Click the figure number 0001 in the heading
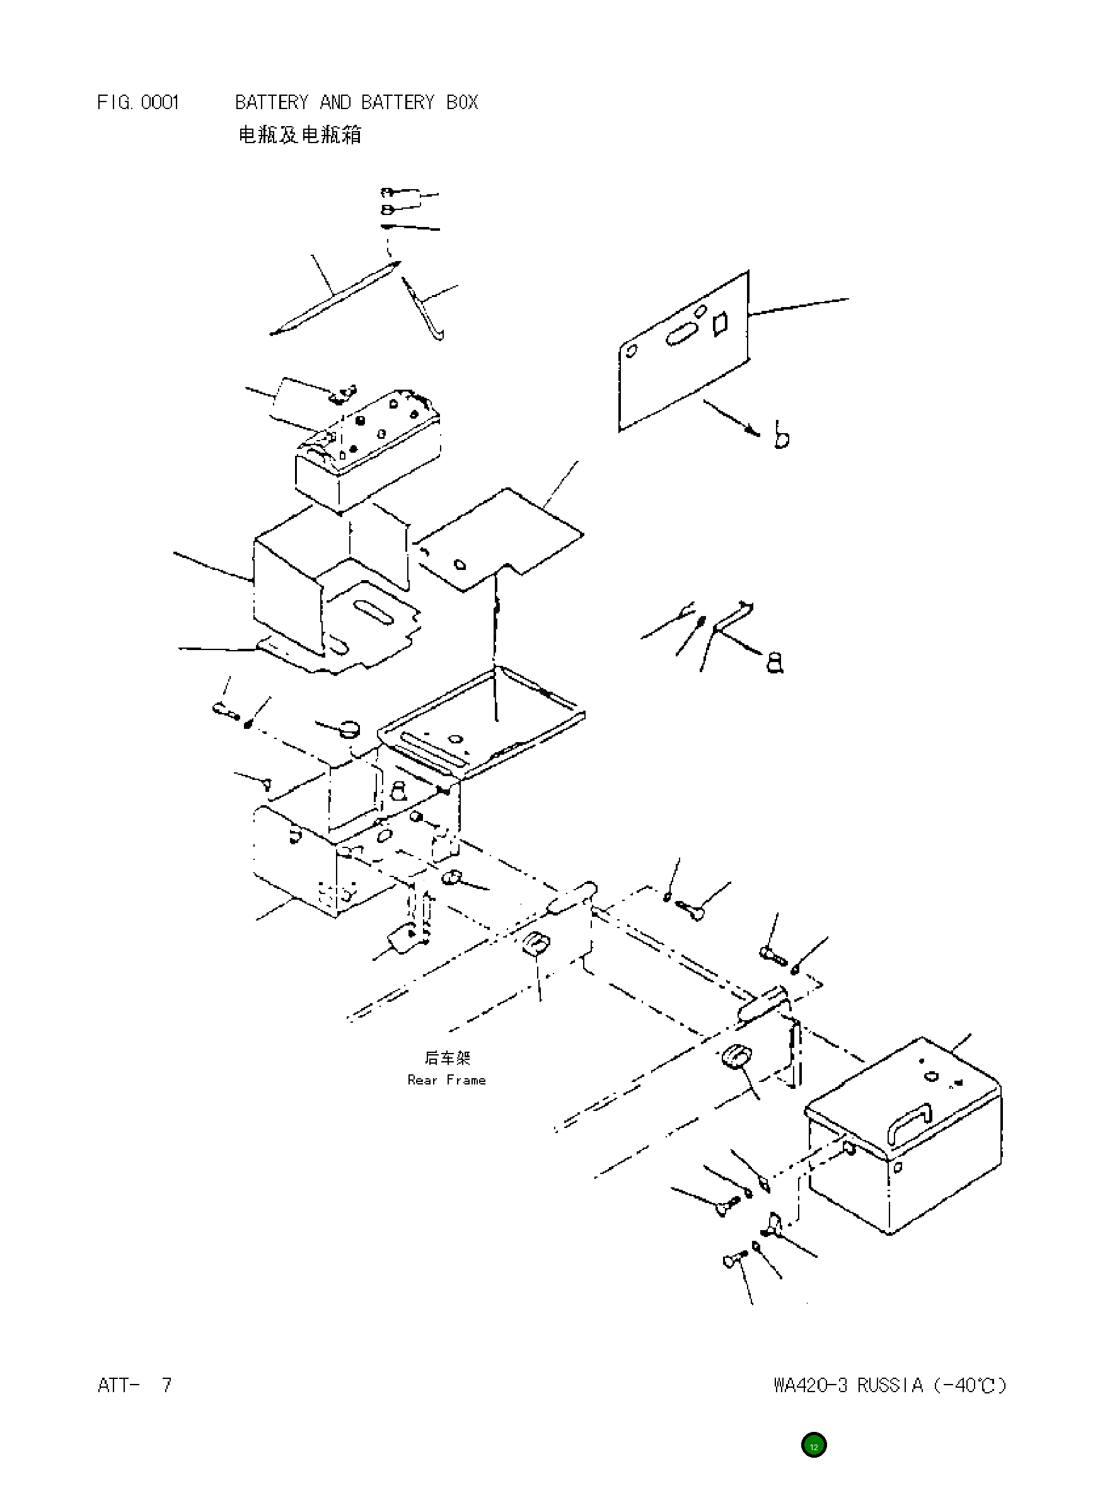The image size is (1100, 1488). point(160,103)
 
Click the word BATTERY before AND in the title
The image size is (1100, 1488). point(272,103)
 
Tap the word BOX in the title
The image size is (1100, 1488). point(462,103)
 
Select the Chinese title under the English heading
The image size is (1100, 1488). point(299,135)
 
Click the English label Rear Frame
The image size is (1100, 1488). point(446,1080)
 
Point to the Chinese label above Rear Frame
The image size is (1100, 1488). point(447,1058)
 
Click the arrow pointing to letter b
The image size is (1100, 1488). point(731,417)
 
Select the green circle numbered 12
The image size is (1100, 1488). point(813,1446)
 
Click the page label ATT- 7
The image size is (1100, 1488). point(134,1385)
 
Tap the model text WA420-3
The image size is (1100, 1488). point(811,1385)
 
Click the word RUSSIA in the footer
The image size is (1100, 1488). point(889,1385)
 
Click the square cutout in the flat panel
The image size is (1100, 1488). point(720,323)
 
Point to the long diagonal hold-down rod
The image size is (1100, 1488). point(335,298)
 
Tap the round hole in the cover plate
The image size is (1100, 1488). point(459,566)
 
